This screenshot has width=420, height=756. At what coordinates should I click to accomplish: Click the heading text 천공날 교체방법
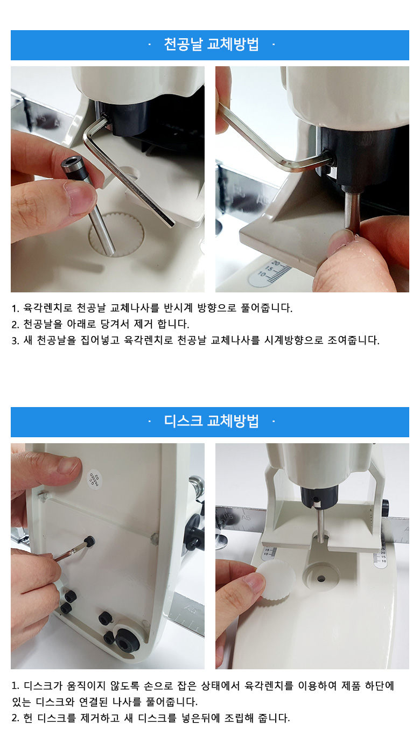click(x=212, y=44)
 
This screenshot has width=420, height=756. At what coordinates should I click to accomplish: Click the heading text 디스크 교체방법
click(x=212, y=421)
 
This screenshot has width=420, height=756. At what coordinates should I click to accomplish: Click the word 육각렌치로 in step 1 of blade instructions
click(x=47, y=308)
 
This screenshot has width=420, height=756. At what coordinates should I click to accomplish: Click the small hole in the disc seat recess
click(x=321, y=579)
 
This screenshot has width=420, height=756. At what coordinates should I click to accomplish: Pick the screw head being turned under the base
click(x=89, y=542)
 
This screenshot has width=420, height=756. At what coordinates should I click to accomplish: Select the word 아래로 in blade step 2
click(x=81, y=324)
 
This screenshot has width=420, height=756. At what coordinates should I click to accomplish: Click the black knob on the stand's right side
click(x=385, y=508)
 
